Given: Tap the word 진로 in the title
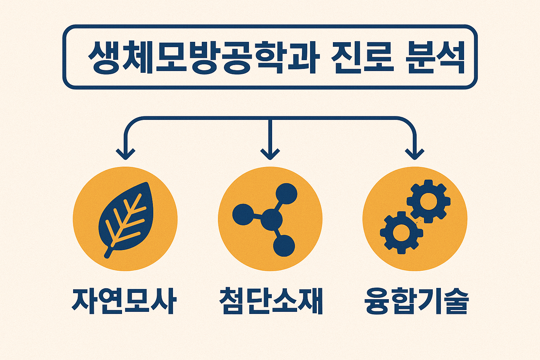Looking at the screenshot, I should (362, 57).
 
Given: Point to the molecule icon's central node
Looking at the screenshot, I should (272, 220).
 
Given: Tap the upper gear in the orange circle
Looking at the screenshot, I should (429, 201).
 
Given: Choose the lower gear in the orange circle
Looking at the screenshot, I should (401, 232).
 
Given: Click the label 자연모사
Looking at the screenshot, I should (124, 301).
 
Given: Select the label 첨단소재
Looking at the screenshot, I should (270, 301).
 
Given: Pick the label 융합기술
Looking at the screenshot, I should (417, 301).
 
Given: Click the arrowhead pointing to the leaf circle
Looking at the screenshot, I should (126, 154).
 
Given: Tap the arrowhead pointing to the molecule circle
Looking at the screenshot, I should (270, 154).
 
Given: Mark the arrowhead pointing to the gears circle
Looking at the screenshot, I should (415, 154).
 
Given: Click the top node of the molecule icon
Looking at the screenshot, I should (286, 193).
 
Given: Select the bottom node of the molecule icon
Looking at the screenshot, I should (284, 245).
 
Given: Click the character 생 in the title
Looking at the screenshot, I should (103, 57).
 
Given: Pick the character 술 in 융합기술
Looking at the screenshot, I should (456, 301).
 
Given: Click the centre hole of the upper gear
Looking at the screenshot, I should (429, 201).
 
